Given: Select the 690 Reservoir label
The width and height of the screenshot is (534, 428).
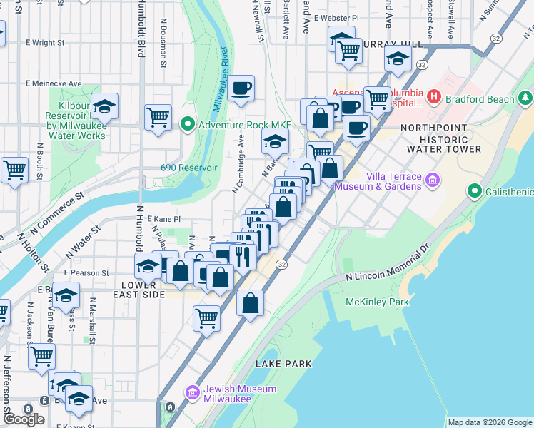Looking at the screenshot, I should pyautogui.click(x=188, y=168).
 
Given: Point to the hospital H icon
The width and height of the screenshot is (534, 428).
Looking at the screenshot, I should pyautogui.click(x=433, y=95).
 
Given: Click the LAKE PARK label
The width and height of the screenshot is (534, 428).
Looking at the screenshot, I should pyautogui.click(x=283, y=364).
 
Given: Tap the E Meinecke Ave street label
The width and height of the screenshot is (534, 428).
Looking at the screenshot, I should pyautogui.click(x=54, y=83).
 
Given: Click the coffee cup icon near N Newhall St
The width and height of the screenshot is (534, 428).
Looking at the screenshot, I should pyautogui.click(x=242, y=88).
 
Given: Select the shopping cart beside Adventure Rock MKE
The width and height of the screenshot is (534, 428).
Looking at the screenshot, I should pyautogui.click(x=158, y=117).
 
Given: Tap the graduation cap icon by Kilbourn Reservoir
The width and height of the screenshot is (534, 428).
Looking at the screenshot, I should pyautogui.click(x=104, y=107).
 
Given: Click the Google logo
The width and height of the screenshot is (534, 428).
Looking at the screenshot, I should pyautogui.click(x=24, y=419).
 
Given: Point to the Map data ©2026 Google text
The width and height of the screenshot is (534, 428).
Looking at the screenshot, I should pyautogui.click(x=489, y=422).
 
